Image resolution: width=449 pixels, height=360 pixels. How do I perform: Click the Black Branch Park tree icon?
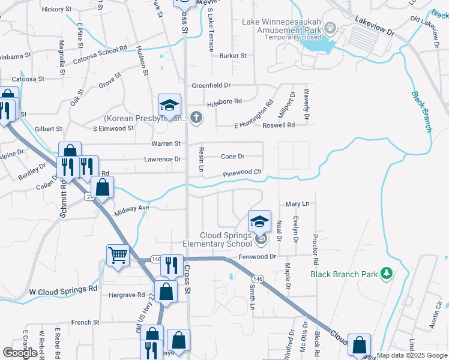click(387, 274)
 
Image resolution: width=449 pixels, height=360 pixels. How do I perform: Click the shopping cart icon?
click(118, 256)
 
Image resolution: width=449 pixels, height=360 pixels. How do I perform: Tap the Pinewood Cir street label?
click(243, 173)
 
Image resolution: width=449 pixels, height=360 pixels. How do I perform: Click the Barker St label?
click(233, 56)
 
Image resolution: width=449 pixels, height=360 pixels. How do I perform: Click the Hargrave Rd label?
click(127, 295)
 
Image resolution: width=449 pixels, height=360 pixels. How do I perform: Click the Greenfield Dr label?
click(211, 86)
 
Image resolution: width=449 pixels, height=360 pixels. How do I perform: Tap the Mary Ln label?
click(297, 204)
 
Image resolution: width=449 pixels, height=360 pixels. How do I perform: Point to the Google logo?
click(20, 353)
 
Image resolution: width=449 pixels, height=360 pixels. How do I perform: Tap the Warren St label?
click(166, 144)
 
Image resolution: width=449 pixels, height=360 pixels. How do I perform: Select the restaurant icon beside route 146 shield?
click(172, 265)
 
